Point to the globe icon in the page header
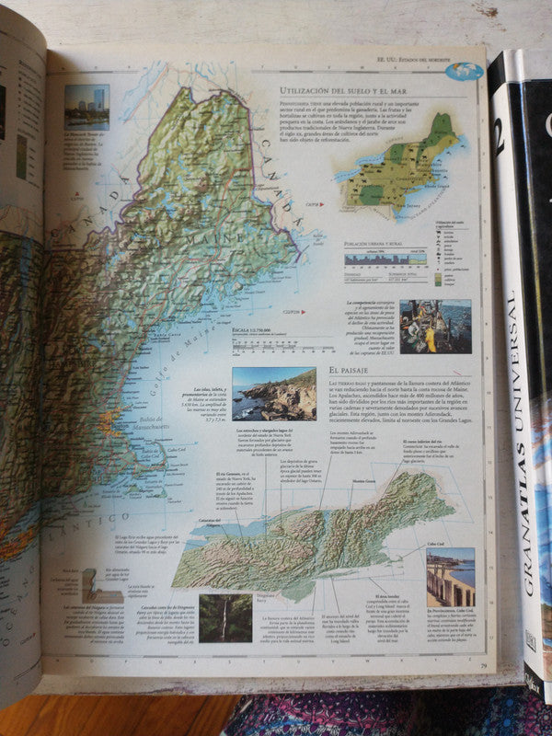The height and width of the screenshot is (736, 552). click(x=470, y=70)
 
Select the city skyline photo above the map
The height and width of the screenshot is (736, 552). click(x=86, y=107)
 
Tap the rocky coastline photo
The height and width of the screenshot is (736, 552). click(x=273, y=395)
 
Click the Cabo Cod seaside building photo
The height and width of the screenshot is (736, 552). click(x=450, y=578)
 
